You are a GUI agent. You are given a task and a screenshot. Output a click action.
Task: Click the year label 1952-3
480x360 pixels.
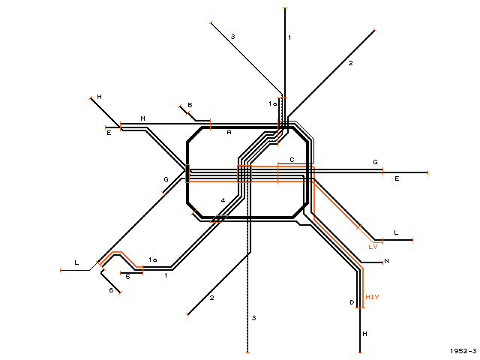463,351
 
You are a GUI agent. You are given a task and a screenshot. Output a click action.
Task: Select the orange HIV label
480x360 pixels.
372,297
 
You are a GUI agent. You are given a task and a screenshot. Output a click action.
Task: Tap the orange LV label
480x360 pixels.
373,247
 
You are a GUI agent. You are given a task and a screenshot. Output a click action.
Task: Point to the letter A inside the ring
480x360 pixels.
229,132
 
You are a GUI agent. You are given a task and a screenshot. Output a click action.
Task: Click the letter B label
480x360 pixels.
190,105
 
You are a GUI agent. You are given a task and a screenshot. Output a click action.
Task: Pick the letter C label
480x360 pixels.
292,160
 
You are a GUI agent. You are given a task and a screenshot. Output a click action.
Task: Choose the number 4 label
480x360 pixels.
223,200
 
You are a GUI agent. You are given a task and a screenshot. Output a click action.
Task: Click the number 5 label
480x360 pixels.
128,277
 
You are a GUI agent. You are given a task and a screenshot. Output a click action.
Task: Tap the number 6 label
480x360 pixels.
111,290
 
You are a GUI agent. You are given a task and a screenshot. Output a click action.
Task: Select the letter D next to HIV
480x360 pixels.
352,302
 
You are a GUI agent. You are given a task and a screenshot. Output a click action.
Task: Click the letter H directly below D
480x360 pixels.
364,334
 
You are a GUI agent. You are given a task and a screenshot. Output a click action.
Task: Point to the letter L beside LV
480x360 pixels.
396,232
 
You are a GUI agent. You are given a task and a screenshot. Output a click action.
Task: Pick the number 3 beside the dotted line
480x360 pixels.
253,318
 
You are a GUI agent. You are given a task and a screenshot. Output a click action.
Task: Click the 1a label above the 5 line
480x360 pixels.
153,259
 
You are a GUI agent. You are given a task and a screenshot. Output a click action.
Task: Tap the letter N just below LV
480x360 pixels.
387,261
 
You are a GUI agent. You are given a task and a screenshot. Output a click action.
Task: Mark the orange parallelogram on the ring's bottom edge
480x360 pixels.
219,219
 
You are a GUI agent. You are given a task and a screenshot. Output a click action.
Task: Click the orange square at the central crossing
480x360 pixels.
244,174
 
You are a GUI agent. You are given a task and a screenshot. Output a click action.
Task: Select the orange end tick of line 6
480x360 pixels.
120,292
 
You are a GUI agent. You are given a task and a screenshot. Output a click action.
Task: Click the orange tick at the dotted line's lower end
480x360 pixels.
247,352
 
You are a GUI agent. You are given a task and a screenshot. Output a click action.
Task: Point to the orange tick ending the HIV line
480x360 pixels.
360,307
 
